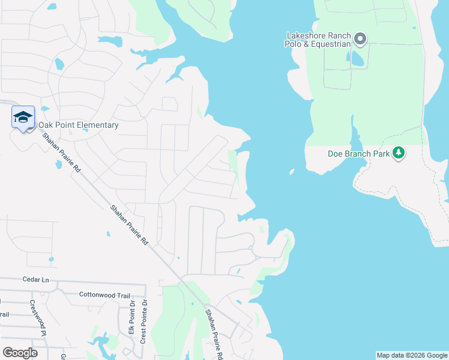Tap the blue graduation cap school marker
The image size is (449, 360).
pyautogui.click(x=23, y=117)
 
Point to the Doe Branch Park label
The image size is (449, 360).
pyautogui.click(x=358, y=153)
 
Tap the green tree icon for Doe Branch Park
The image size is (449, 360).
pyautogui.click(x=398, y=153)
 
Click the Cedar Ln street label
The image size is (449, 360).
pyautogui.click(x=35, y=280)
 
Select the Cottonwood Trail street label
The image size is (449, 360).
pyautogui.click(x=104, y=295)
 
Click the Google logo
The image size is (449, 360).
pyautogui.click(x=20, y=353)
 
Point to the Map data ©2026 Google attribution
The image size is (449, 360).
pyautogui.click(x=411, y=355)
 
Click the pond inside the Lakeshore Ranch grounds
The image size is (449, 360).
pyautogui.click(x=357, y=58)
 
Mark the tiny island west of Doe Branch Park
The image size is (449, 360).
pyautogui.click(x=292, y=172)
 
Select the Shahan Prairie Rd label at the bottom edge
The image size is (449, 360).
pyautogui.click(x=214, y=333)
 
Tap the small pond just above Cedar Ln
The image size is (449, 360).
pyautogui.click(x=51, y=260)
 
